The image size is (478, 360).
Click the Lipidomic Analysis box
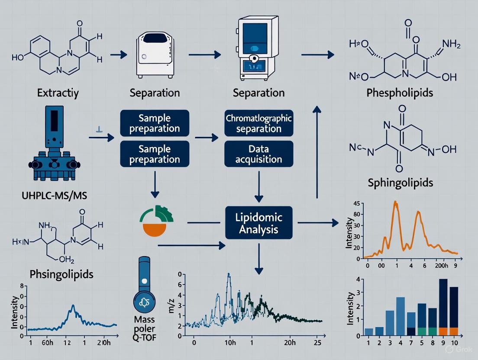(x=259, y=223)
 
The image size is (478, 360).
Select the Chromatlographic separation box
(x=259, y=123)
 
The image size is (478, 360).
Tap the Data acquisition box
(x=259, y=154)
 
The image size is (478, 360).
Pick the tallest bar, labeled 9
(x=443, y=307)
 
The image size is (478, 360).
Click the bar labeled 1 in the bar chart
(x=369, y=332)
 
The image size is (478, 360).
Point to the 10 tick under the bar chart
(x=454, y=343)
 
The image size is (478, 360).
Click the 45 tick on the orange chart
(x=357, y=203)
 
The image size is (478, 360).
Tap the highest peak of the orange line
(x=395, y=202)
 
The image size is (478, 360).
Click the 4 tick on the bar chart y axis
(x=358, y=279)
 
